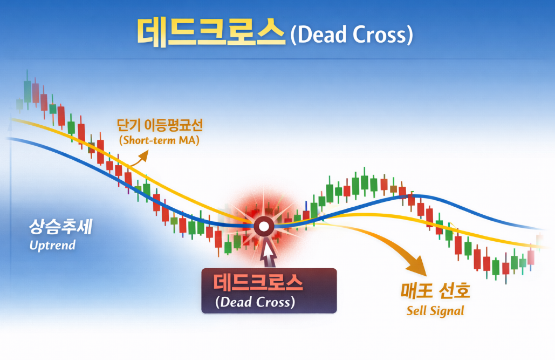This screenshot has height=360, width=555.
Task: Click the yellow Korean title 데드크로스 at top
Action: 210,32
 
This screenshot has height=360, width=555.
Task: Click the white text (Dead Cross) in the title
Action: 351,35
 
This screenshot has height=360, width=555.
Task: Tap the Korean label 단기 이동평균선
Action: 160,126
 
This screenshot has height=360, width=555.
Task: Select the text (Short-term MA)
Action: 159,141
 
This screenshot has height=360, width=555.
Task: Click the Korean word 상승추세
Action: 60,228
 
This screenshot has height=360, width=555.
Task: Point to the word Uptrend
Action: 52,246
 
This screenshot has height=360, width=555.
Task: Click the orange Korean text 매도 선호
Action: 435,291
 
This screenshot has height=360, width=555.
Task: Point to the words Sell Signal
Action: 435,311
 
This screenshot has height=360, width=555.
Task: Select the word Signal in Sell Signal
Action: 446,311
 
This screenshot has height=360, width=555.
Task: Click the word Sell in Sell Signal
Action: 416,311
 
